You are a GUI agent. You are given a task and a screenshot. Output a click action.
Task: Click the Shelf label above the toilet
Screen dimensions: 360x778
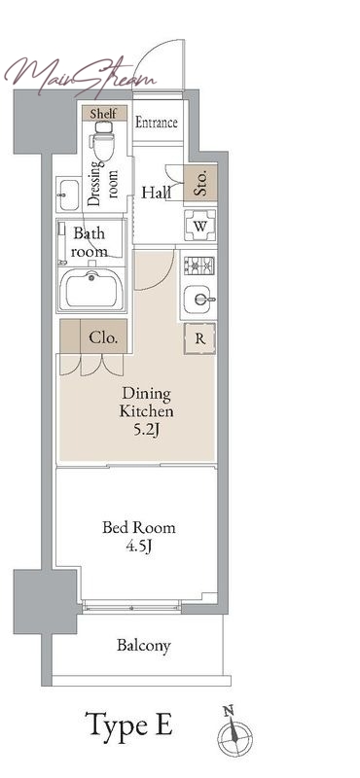click(103, 113)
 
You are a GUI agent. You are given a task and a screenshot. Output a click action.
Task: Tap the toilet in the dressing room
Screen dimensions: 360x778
click(104, 141)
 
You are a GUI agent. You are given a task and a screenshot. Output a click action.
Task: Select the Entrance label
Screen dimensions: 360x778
click(157, 123)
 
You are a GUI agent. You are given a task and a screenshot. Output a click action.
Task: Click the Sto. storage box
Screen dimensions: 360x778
click(200, 183)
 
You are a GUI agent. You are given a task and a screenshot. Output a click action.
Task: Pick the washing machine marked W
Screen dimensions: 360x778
click(200, 226)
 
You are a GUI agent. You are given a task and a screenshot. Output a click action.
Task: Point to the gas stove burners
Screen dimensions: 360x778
click(199, 265)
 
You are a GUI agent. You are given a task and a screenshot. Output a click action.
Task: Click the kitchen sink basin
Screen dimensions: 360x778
click(198, 300)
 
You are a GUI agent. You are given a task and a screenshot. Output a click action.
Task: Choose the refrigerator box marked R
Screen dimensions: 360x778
click(199, 338)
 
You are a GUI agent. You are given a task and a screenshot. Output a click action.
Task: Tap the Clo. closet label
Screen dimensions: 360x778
click(103, 338)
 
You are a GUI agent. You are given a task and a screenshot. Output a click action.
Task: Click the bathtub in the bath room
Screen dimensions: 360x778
click(91, 290)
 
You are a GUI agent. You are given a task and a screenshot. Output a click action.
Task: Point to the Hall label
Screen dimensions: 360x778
click(156, 193)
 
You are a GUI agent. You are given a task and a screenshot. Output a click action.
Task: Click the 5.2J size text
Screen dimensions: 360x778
click(146, 430)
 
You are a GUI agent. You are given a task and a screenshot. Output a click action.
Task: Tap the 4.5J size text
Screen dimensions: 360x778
click(139, 547)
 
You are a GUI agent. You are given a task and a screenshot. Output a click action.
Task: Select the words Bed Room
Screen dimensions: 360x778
click(139, 527)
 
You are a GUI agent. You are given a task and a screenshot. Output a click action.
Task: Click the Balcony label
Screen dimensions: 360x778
click(144, 646)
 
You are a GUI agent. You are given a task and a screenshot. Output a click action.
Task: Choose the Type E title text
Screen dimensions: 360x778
click(129, 725)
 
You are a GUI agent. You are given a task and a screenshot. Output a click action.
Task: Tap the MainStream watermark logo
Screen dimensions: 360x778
click(81, 76)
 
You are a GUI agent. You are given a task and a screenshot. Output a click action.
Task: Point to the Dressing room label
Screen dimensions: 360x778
click(103, 185)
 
